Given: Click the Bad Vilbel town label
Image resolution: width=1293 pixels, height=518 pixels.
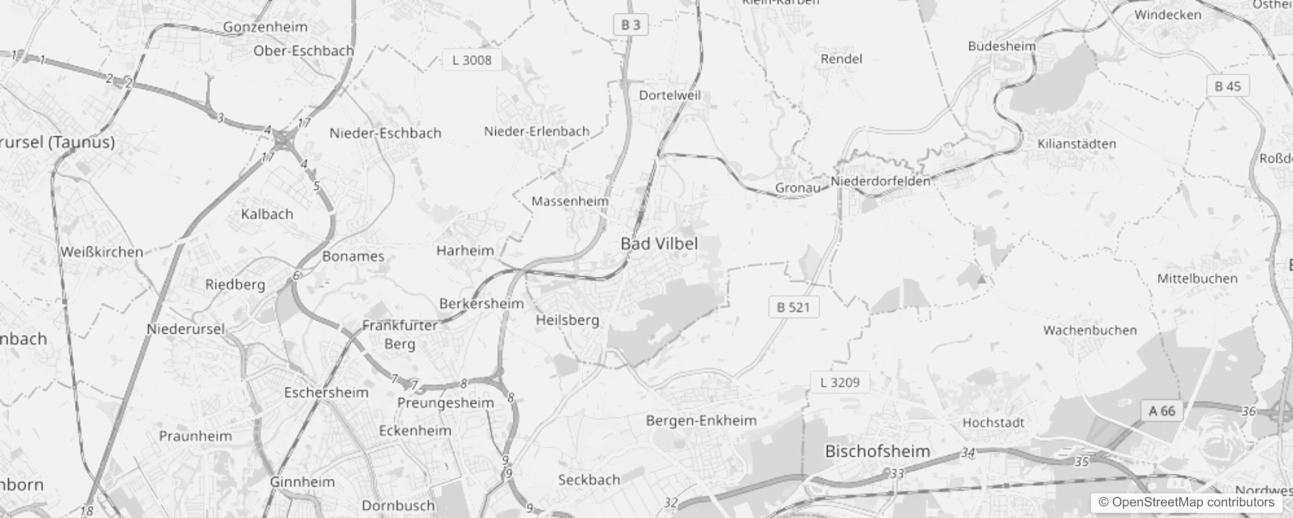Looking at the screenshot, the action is coord(659,244).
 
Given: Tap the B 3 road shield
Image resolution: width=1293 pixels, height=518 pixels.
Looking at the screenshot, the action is coord(630,25).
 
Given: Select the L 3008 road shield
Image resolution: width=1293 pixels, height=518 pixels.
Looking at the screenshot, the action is coord(472,60).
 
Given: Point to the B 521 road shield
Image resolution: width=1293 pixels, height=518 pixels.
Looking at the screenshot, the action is coord(793,307).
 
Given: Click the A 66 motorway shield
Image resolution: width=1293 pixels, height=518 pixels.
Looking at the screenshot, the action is coord(1161,411).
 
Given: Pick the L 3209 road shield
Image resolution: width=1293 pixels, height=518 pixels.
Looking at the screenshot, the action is coord(840,382).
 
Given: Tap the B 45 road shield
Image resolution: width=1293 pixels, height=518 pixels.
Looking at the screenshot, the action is coord(1228,86).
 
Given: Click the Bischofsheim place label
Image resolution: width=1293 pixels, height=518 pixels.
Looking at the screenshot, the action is coord(877,451).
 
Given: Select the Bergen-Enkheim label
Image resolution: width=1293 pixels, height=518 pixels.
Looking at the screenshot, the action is coord(701,421).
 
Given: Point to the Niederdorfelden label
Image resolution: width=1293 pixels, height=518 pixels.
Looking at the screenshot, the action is coord(880,181).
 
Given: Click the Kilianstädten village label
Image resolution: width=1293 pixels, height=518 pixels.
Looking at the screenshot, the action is coord(1077,144).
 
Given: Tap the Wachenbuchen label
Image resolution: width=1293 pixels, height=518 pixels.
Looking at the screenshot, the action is coord(1090,330).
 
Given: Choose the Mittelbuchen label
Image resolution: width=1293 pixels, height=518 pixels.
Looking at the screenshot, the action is coord(1197,278).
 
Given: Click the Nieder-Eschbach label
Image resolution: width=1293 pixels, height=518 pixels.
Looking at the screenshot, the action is coord(385,133).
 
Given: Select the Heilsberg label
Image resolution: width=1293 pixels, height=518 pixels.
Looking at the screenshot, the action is coord(567,320).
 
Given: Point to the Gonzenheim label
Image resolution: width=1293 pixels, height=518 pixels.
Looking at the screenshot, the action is coord(265,27).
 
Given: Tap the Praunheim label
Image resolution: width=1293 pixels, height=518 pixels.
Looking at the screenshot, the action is coord(195,436).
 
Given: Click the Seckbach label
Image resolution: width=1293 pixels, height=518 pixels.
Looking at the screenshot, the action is coord(589,480).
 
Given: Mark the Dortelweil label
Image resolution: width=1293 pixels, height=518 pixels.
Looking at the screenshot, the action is coord(670,95).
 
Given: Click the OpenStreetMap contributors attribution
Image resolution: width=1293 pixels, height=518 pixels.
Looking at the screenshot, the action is coord(1186,502).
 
